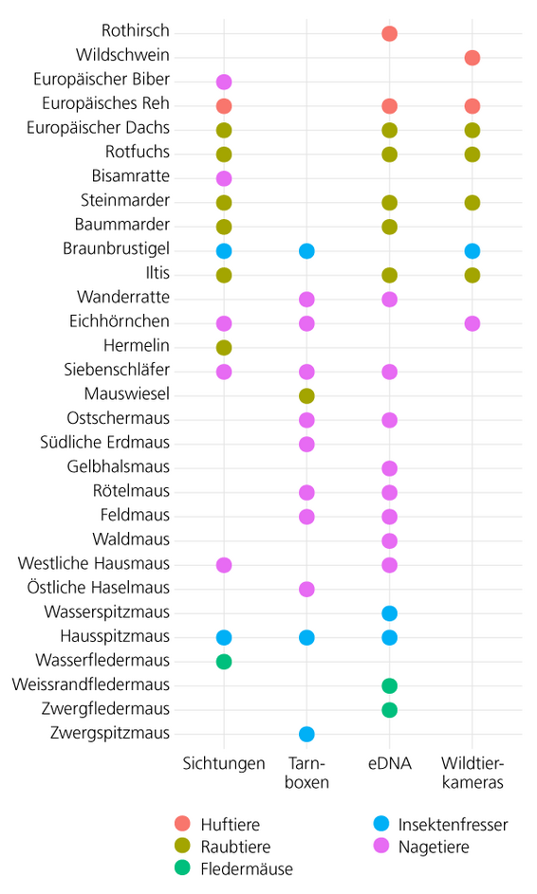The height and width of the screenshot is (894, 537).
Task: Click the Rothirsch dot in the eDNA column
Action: (x=389, y=34)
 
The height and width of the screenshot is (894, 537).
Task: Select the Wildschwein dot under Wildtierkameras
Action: (x=472, y=58)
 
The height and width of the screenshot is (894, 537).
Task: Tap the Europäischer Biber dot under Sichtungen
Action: (x=224, y=82)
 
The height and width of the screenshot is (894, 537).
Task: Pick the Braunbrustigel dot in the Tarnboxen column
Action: (x=306, y=251)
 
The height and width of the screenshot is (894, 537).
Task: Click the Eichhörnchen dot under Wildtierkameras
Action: (x=472, y=323)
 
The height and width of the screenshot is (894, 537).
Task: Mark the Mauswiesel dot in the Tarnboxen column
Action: (x=306, y=395)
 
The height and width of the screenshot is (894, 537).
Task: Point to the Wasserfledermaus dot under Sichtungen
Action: (x=224, y=661)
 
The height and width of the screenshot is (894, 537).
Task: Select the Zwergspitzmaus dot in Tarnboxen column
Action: (x=306, y=734)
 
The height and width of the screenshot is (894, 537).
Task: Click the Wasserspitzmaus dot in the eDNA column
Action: (x=389, y=613)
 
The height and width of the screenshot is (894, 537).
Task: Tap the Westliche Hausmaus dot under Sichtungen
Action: (x=224, y=565)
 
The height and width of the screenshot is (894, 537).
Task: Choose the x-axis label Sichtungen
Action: (x=224, y=764)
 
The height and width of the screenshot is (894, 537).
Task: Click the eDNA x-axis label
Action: (x=389, y=764)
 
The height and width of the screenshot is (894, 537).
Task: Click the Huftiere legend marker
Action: (x=182, y=825)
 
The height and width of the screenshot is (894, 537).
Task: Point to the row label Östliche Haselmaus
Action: (x=105, y=589)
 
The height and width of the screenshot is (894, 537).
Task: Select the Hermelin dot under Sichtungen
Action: (x=224, y=347)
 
